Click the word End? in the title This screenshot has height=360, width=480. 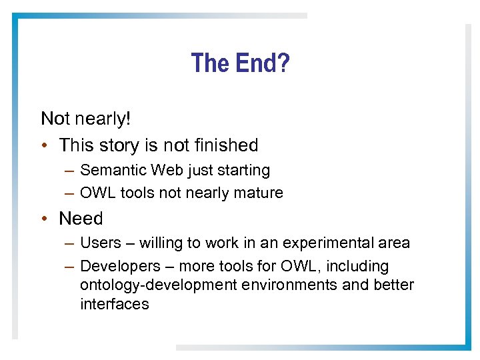pyautogui.click(x=262, y=63)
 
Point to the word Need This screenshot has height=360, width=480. pyautogui.click(x=81, y=219)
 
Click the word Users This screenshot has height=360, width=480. pyautogui.click(x=100, y=243)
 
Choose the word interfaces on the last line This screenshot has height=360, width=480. pyautogui.click(x=114, y=305)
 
